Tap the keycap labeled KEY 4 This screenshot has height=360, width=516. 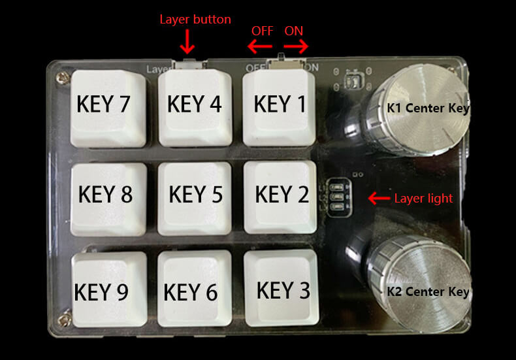click(195, 107)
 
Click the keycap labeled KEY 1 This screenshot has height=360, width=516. click(279, 107)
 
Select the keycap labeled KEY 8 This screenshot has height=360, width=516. click(108, 199)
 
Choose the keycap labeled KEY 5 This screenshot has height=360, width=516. click(195, 199)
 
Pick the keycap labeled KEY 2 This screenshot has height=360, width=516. click(280, 197)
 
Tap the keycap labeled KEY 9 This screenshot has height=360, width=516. click(109, 289)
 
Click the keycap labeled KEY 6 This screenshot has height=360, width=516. click(195, 288)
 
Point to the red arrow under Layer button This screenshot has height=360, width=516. click(187, 41)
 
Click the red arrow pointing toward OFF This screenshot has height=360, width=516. click(260, 46)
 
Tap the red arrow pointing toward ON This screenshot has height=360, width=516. click(296, 46)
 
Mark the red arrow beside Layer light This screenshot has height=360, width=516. click(379, 199)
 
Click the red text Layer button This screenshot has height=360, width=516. click(195, 20)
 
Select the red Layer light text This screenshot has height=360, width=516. click(423, 199)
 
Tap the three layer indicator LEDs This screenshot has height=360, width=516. click(338, 197)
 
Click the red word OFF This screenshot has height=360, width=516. click(263, 31)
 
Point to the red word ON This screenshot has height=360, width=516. click(293, 31)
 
